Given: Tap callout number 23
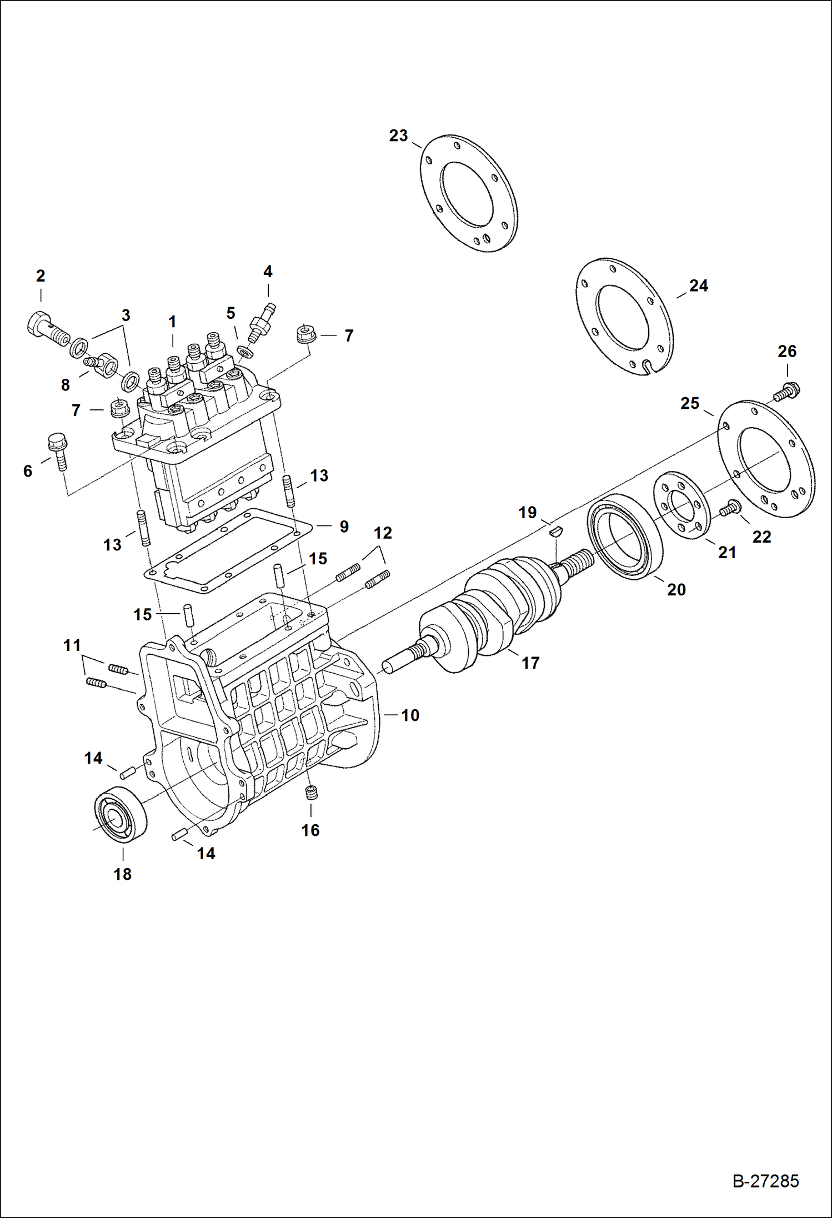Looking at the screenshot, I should (x=398, y=136).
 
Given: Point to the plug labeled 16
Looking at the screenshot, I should (x=312, y=794).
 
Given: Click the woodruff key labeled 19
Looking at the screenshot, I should (x=556, y=531).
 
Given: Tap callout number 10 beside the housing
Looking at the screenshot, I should (x=410, y=715).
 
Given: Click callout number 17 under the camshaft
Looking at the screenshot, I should (x=530, y=663).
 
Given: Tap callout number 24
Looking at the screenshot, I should (x=698, y=285).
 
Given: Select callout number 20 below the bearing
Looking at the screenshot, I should (x=676, y=589).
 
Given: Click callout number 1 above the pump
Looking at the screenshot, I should (x=172, y=322).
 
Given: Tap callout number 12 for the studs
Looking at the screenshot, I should (x=383, y=533).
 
